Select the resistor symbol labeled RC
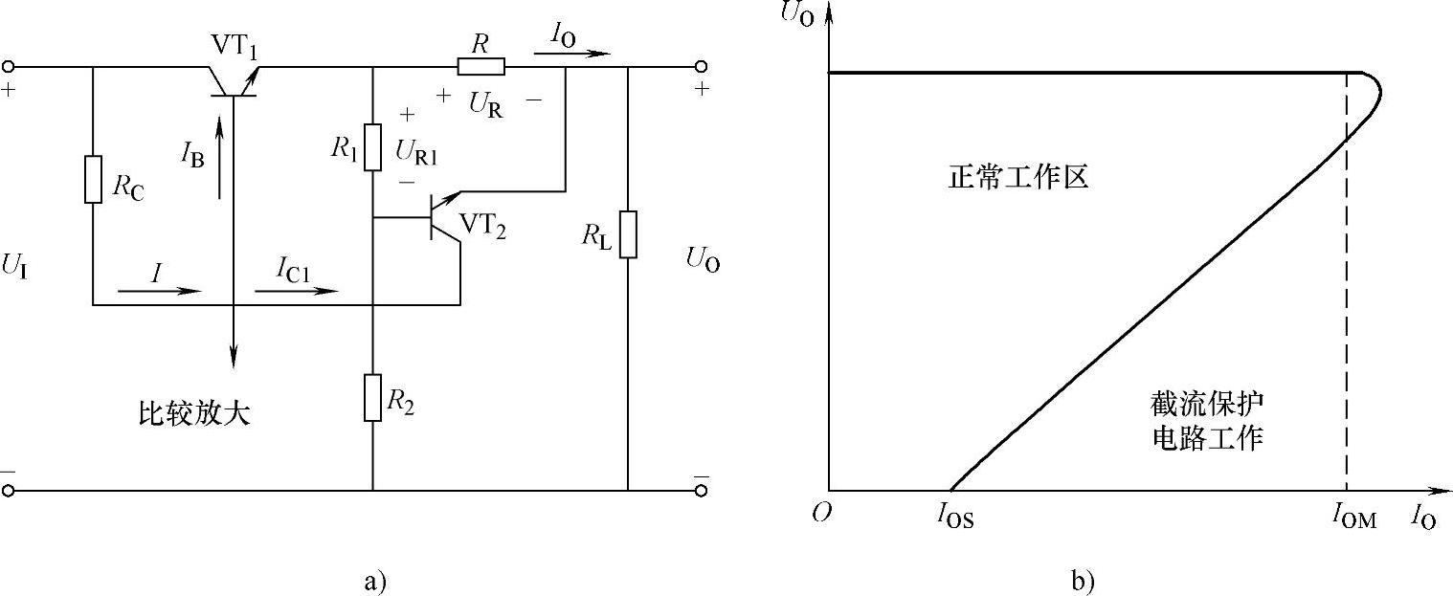tap(93, 179)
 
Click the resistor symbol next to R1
tap(372, 146)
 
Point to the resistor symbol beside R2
tap(372, 397)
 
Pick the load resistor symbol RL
tap(628, 234)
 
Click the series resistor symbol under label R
tap(481, 66)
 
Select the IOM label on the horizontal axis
tap(1352, 519)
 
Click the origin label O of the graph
tap(819, 514)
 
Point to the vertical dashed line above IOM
tap(1348, 287)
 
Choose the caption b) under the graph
tap(1084, 580)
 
